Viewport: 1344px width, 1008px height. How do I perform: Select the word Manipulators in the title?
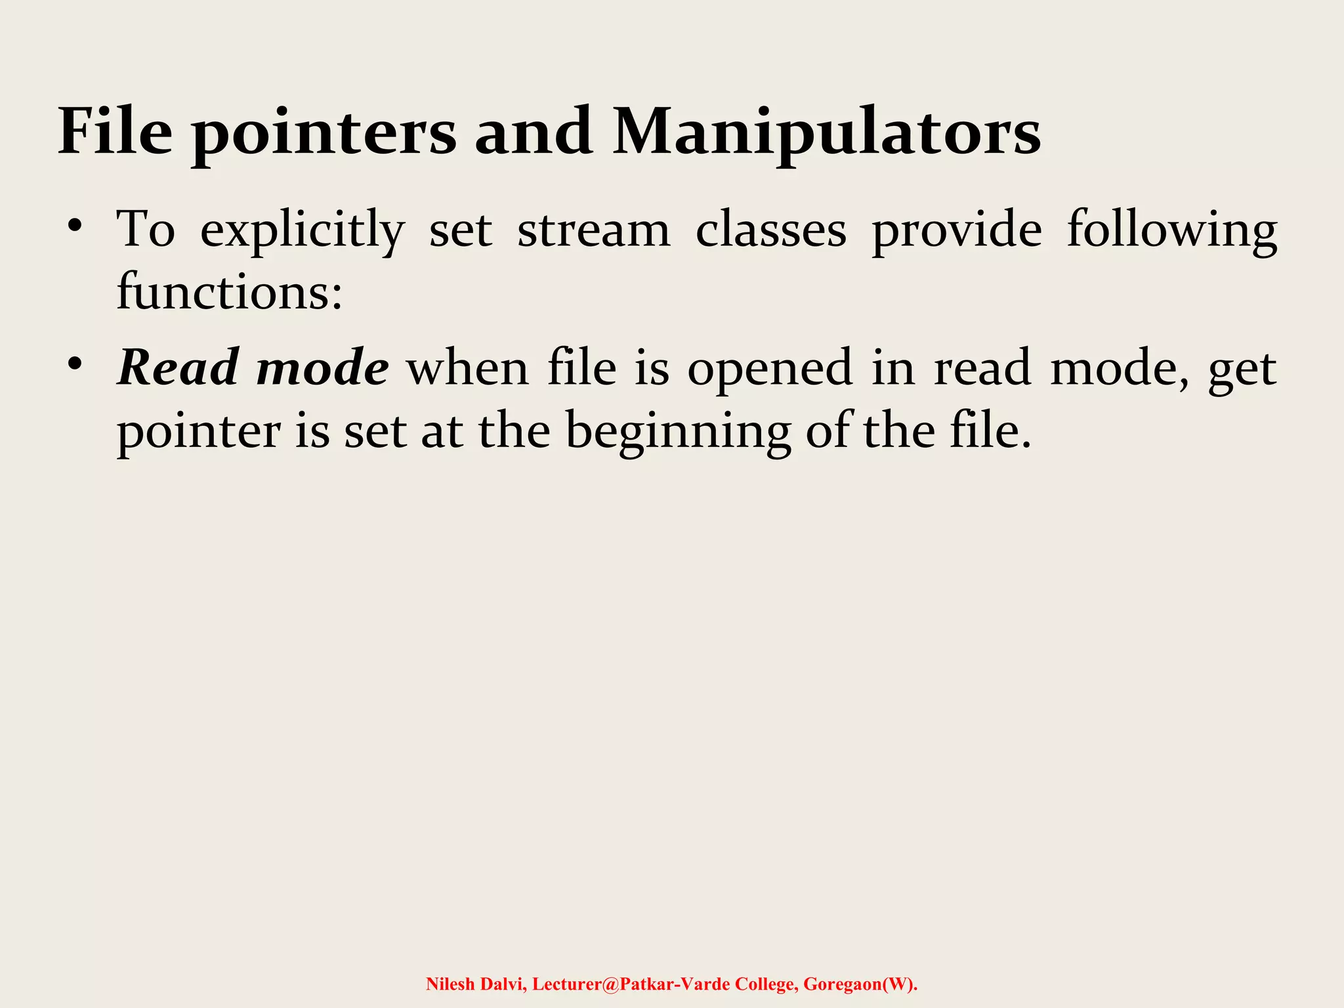(826, 134)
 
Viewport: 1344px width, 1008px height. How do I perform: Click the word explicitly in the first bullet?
(302, 231)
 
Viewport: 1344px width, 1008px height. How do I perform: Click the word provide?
(956, 231)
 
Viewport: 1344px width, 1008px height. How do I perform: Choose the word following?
(1171, 231)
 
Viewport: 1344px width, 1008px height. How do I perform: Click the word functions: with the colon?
(230, 291)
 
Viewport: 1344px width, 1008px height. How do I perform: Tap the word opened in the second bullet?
(770, 369)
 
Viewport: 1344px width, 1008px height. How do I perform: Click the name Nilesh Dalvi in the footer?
(476, 984)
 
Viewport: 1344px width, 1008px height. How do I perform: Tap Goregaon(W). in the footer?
(860, 984)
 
